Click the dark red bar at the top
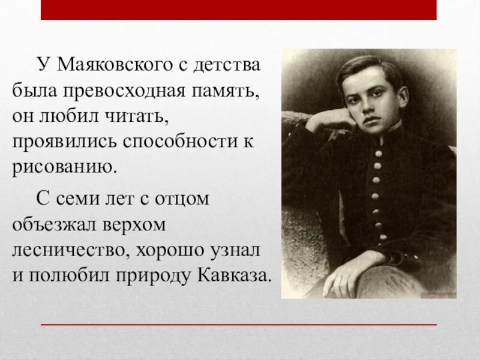(x=238, y=10)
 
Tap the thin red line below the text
(x=238, y=325)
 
